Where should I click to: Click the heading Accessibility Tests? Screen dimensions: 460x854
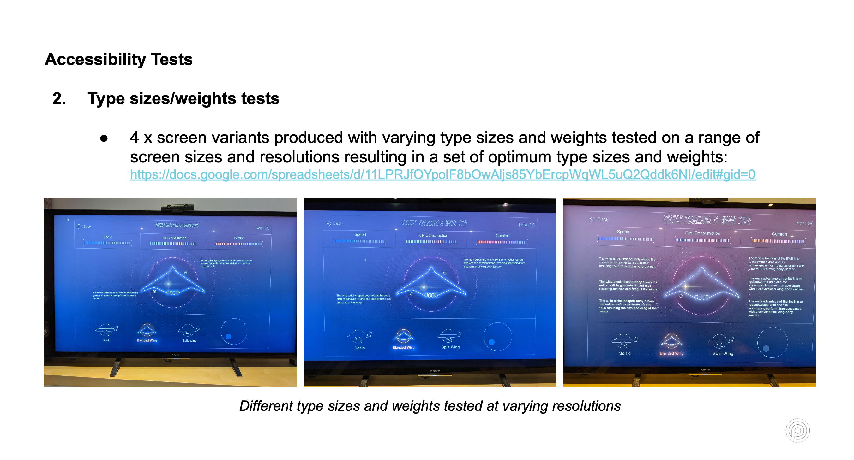click(118, 60)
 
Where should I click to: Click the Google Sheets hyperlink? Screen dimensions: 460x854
click(442, 174)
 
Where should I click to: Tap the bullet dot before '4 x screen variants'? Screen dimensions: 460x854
click(104, 139)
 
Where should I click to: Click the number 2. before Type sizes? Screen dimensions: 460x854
click(59, 99)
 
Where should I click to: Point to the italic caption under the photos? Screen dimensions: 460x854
click(430, 406)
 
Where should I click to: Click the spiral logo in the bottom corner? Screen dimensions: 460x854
click(797, 431)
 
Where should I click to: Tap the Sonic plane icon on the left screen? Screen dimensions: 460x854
click(106, 330)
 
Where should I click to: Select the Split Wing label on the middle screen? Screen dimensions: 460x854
click(450, 347)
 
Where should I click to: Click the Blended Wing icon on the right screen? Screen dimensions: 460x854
click(671, 341)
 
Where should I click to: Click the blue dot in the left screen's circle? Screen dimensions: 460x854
click(228, 336)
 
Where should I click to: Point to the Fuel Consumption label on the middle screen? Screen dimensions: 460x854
click(432, 235)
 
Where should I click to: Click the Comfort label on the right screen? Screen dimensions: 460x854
click(779, 234)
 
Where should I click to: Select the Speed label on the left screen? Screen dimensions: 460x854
click(108, 237)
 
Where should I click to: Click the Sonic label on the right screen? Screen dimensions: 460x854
click(625, 353)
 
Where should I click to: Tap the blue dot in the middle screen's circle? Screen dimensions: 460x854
click(491, 342)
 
